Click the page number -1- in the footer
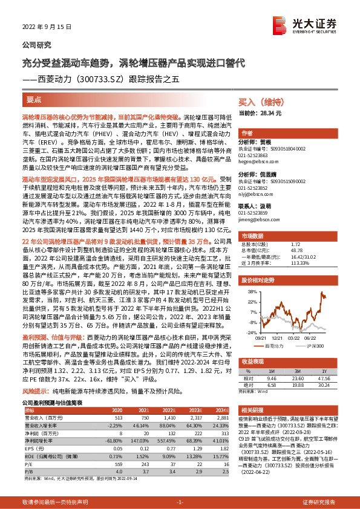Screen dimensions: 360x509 [x=180, y=502]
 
